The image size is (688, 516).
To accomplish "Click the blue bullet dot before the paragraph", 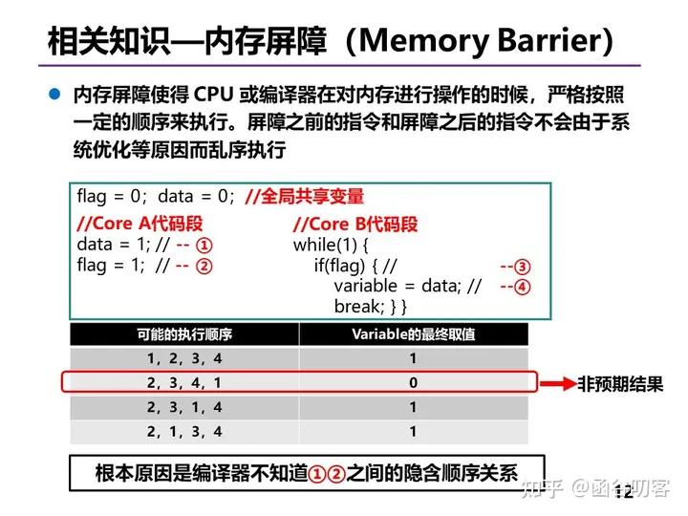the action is pyautogui.click(x=55, y=96).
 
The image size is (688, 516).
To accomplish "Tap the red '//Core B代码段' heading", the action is pyautogui.click(x=355, y=225).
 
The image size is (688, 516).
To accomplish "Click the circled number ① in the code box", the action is pyautogui.click(x=204, y=245).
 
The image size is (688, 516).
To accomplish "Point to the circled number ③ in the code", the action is pyautogui.click(x=522, y=267).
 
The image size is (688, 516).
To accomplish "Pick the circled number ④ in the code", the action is pyautogui.click(x=522, y=287).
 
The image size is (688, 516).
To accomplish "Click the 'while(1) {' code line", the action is pyautogui.click(x=331, y=246).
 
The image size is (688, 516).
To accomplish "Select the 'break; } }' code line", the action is pyautogui.click(x=371, y=307).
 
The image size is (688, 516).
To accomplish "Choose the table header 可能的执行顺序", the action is pyautogui.click(x=184, y=334).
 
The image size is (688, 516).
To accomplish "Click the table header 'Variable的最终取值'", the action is pyautogui.click(x=414, y=334).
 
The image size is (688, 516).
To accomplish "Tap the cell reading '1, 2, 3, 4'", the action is pyautogui.click(x=184, y=358).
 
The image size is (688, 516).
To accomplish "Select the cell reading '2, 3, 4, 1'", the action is pyautogui.click(x=184, y=383).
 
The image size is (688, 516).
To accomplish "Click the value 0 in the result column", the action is pyautogui.click(x=414, y=383).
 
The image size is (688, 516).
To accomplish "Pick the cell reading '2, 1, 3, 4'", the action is pyautogui.click(x=184, y=432).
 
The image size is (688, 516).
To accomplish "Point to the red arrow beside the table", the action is pyautogui.click(x=558, y=384).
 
